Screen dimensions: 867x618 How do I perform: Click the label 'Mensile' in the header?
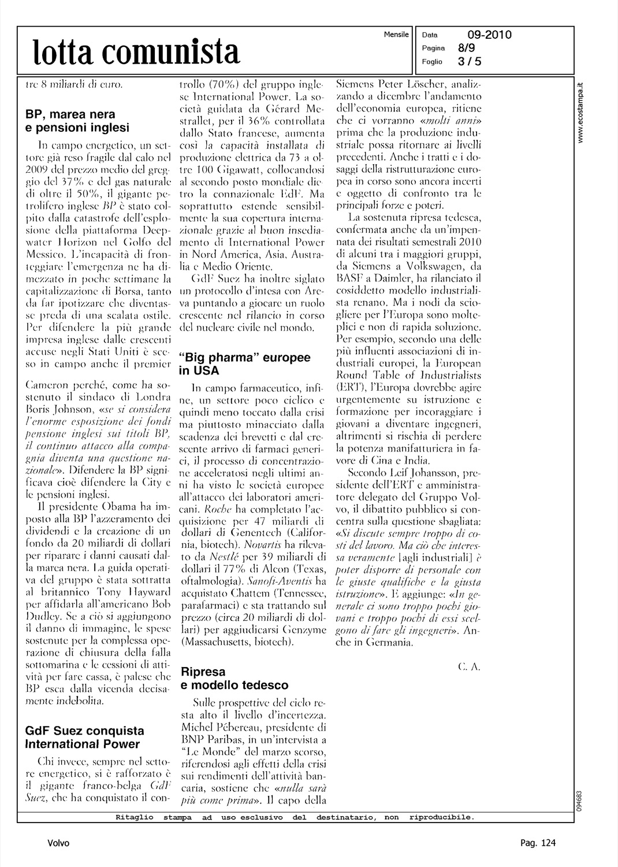pos(396,35)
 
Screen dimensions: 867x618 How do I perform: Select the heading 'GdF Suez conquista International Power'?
pos(85,738)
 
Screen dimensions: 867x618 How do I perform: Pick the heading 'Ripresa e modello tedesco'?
pos(234,679)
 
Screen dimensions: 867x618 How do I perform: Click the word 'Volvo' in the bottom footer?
pos(58,843)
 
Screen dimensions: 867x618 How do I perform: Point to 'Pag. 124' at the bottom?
pos(538,843)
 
